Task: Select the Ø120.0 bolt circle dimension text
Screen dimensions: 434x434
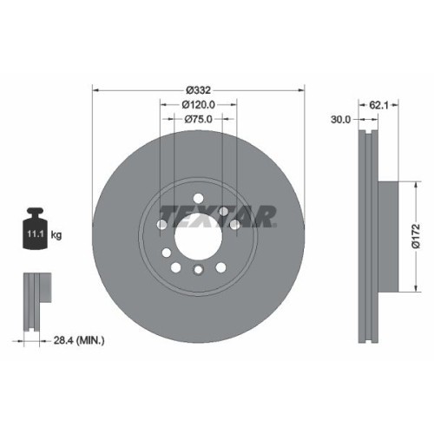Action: click(x=199, y=104)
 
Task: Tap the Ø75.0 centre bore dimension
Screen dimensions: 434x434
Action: click(x=199, y=121)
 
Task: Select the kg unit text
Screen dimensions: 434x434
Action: click(x=57, y=234)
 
